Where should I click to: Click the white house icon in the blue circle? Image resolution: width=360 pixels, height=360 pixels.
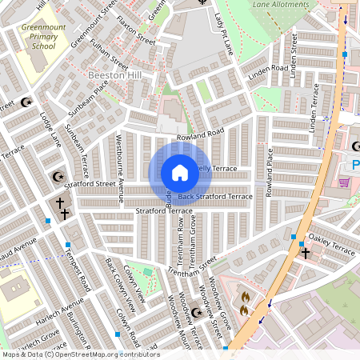pyautogui.click(x=179, y=173)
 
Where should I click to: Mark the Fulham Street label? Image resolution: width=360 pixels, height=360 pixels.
pyautogui.click(x=110, y=54)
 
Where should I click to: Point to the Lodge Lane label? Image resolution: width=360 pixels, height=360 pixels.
pyautogui.click(x=50, y=128)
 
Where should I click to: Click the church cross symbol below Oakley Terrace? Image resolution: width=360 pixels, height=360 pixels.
pyautogui.click(x=305, y=254)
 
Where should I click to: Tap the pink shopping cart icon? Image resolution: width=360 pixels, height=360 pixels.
pyautogui.click(x=344, y=183)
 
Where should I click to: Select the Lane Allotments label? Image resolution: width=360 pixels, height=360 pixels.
pyautogui.click(x=280, y=5)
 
